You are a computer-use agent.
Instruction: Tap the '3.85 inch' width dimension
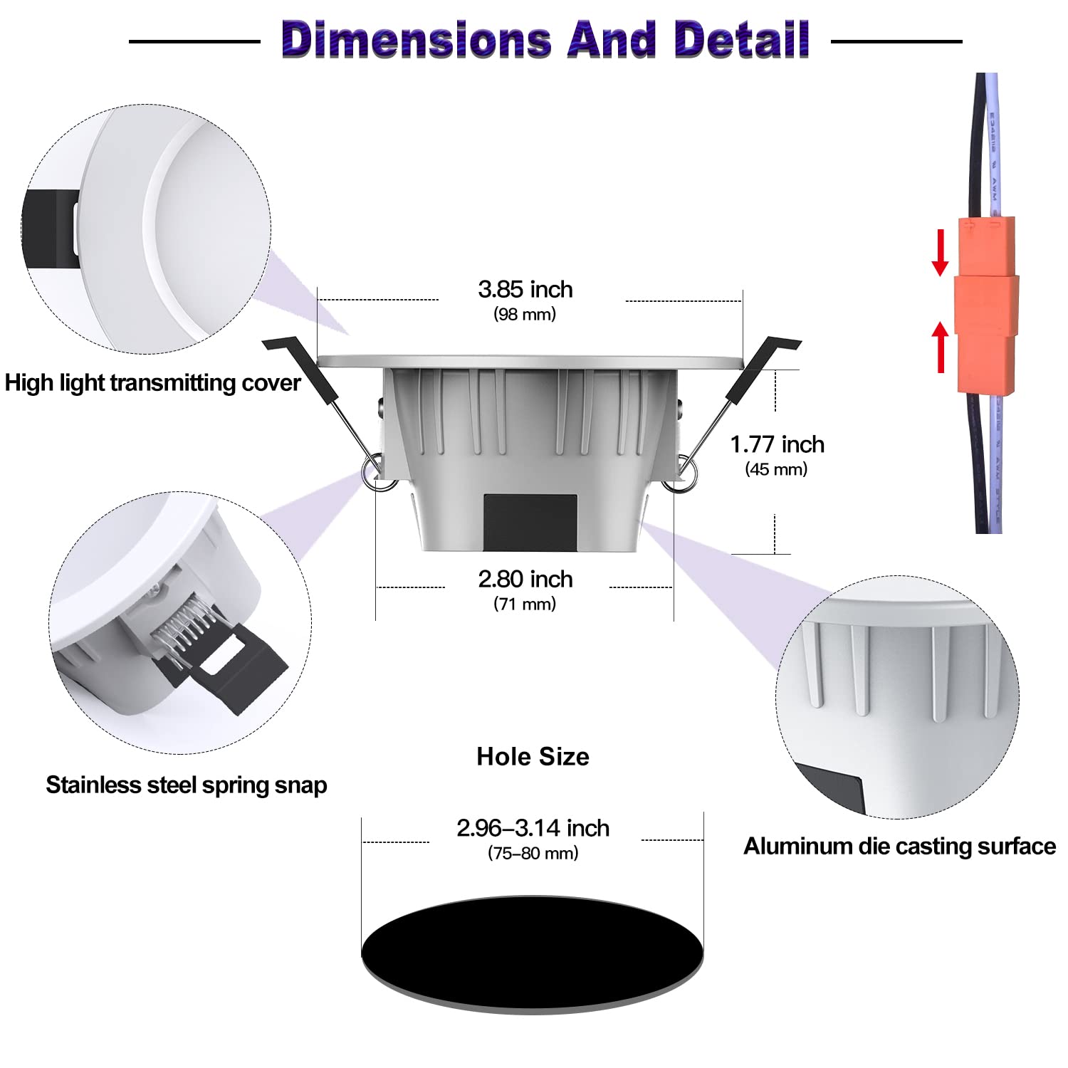click(x=525, y=289)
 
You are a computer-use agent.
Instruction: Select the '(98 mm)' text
click(x=525, y=314)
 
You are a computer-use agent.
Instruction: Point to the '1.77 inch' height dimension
click(x=777, y=444)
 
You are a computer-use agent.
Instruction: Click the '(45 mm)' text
click(x=776, y=469)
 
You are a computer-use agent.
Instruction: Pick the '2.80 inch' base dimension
click(x=525, y=579)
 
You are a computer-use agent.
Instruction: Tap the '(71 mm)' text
click(x=525, y=604)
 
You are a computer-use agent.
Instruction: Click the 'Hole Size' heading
click(x=533, y=756)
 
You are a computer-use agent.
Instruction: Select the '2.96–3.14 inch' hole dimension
click(x=533, y=828)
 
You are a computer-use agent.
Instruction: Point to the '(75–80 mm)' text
click(x=533, y=853)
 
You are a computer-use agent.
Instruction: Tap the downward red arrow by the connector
click(x=940, y=253)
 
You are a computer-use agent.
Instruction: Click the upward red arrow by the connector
click(x=941, y=347)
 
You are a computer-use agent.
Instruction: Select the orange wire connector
click(x=986, y=305)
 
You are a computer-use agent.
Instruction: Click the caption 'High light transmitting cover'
click(x=152, y=383)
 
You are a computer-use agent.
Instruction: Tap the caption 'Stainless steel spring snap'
click(x=187, y=785)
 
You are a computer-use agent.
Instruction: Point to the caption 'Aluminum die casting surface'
click(x=899, y=846)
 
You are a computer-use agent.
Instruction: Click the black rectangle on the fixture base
click(x=530, y=522)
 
